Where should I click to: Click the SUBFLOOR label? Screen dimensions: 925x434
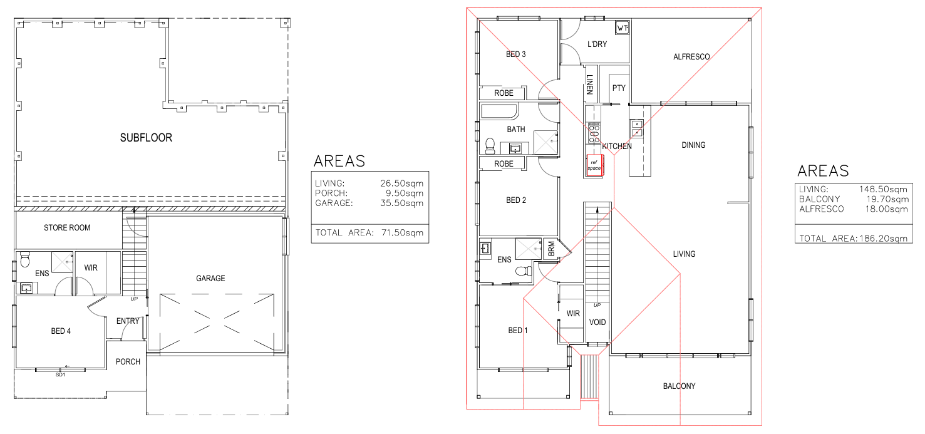pos(146,138)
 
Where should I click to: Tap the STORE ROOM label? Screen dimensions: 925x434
pos(67,227)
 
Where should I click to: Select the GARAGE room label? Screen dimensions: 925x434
pos(210,278)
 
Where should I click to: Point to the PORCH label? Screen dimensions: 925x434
pos(128,362)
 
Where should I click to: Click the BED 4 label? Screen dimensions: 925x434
pos(61,331)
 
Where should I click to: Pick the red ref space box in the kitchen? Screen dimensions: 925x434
pos(595,165)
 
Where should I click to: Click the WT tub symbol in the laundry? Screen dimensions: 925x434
pos(623,28)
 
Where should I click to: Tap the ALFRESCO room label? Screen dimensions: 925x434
pos(691,56)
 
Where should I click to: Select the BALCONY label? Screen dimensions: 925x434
pos(680,386)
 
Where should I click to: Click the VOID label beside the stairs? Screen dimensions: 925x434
pos(597,322)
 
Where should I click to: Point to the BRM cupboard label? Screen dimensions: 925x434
pos(552,249)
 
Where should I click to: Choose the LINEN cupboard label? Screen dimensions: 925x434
pos(590,85)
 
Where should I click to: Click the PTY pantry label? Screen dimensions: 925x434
pos(619,88)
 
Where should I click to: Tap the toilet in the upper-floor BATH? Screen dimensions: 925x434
pos(490,146)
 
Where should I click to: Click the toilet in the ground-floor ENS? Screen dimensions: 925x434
pos(25,259)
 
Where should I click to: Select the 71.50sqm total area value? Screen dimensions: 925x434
pos(402,232)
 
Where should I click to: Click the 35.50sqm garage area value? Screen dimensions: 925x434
pos(402,203)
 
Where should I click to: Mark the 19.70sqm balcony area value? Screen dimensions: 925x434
pos(887,199)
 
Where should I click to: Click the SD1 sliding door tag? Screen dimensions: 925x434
pos(60,375)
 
